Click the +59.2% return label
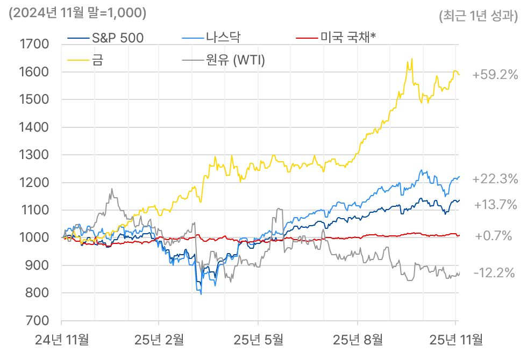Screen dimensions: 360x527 pos(495,75)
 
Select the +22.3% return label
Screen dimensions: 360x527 pos(495,179)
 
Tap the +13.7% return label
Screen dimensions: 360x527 pos(495,205)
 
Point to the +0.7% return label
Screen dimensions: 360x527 pos(493,236)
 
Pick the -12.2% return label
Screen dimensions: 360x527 pos(494,273)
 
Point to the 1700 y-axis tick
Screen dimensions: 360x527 pos(33,45)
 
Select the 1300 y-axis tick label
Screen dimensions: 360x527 pos(33,155)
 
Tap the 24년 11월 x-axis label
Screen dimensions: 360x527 pos(61,340)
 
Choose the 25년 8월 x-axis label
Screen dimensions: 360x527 pos(358,340)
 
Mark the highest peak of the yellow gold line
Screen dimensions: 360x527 pos(412,59)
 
